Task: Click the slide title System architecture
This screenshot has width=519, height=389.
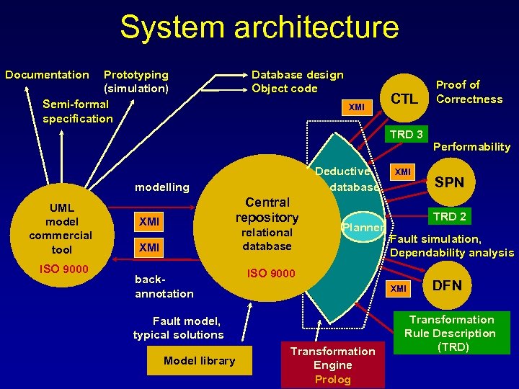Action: (x=259, y=27)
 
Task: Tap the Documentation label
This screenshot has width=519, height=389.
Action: (x=47, y=75)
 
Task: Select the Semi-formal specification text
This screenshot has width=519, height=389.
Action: (x=78, y=112)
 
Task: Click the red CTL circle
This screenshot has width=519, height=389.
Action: (x=404, y=99)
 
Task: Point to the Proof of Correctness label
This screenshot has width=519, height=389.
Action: (x=469, y=92)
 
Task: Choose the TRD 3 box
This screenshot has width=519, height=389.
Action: (x=407, y=134)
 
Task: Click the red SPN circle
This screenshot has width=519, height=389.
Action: (x=450, y=183)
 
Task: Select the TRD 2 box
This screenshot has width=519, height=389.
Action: (x=449, y=216)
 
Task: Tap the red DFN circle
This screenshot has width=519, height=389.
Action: (x=447, y=286)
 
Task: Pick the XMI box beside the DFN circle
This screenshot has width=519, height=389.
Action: (x=399, y=288)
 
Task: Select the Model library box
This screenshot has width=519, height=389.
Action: (x=199, y=360)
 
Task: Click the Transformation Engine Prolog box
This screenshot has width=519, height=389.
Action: (x=332, y=365)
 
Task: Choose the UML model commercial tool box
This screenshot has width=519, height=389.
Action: (x=61, y=228)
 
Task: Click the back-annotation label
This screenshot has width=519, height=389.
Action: (x=164, y=287)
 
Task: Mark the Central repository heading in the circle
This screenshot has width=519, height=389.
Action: (x=267, y=210)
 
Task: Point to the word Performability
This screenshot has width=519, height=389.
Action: (x=471, y=147)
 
